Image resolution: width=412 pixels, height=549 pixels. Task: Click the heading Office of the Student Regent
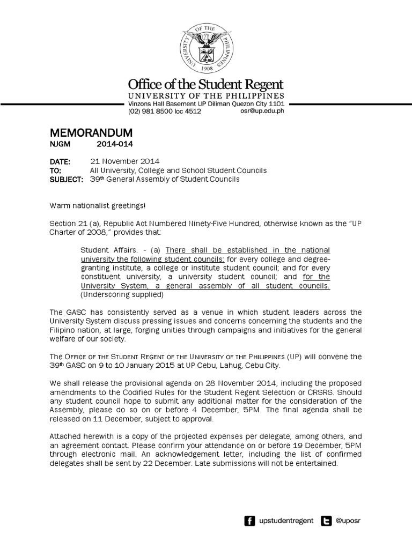205,85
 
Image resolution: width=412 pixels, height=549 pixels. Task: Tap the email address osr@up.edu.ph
262,111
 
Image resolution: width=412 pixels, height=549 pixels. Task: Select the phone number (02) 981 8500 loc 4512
164,111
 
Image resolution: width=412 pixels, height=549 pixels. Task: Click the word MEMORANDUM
91,132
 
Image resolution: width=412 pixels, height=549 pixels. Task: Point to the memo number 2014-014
114,144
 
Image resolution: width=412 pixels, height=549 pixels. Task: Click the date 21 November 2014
124,161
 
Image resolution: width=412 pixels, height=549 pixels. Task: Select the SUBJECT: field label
66,179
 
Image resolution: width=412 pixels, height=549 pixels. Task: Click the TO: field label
56,170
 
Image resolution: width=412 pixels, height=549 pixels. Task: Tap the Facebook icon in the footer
249,521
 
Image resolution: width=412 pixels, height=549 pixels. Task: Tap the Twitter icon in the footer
326,521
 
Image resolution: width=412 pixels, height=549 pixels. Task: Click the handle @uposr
349,521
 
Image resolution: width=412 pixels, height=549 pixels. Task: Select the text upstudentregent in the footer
286,521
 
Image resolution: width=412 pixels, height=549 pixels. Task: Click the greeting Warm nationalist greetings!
97,206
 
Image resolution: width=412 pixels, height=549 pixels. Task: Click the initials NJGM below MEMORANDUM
60,144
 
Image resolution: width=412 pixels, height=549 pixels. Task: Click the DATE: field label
60,161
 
